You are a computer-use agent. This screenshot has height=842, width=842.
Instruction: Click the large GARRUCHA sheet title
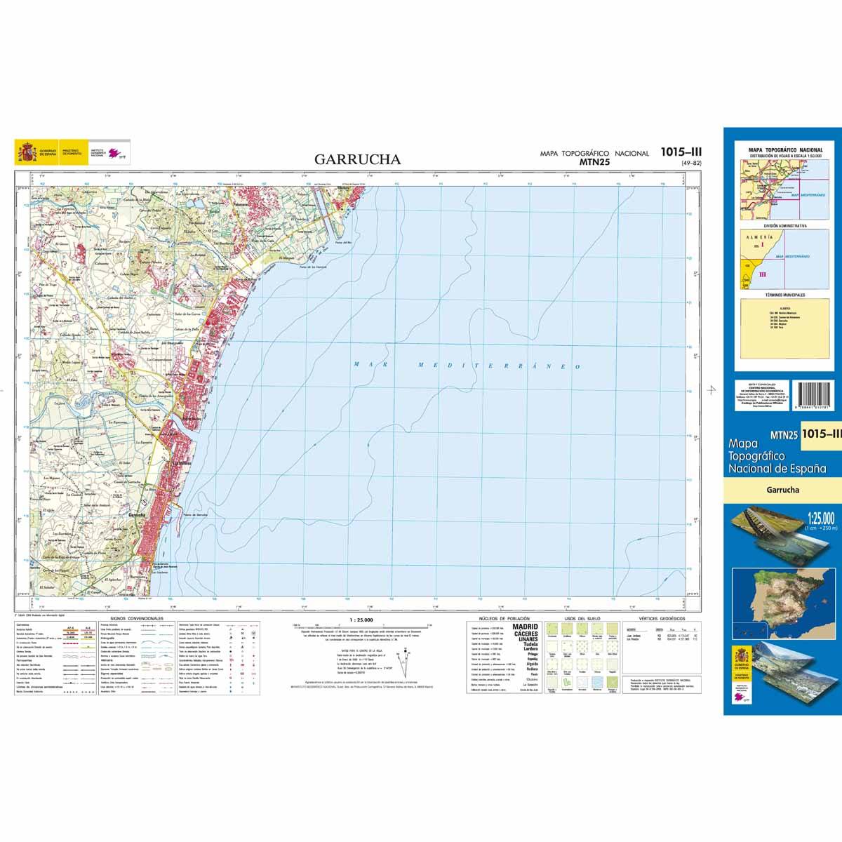coord(358,159)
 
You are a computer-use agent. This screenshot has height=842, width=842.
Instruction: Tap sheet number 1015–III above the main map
coord(681,152)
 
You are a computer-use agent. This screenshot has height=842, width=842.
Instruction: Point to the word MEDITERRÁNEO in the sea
coord(499,366)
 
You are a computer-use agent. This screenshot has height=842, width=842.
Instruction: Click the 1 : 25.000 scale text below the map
coord(361,620)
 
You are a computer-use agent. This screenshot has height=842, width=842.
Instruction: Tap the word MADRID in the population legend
coord(526,627)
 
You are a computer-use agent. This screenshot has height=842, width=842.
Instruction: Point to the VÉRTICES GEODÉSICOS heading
coord(657,619)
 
